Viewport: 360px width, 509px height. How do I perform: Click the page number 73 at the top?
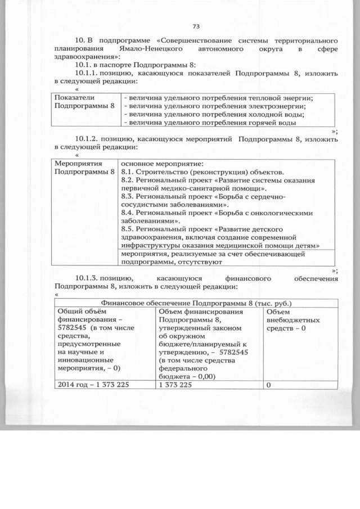[196, 26]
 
